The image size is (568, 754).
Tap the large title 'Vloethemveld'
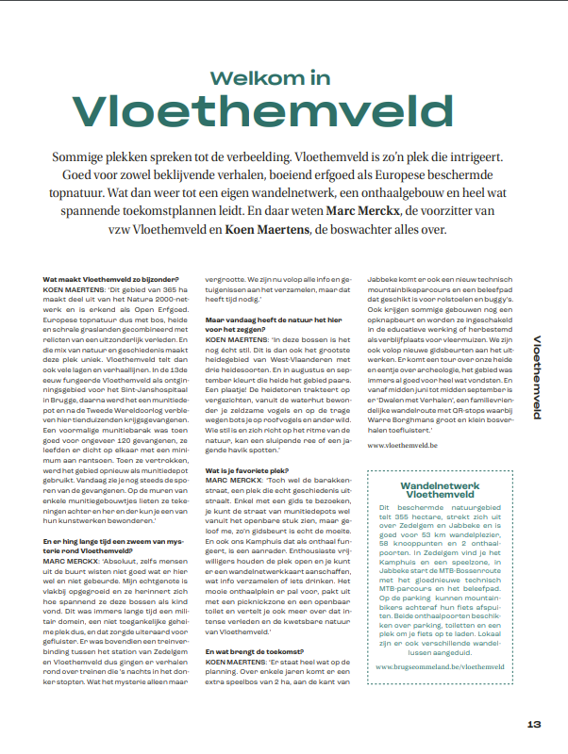click(x=283, y=110)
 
